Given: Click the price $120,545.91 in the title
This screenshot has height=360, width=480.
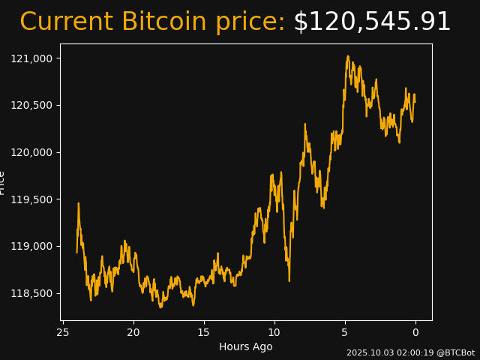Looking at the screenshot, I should [x=372, y=22].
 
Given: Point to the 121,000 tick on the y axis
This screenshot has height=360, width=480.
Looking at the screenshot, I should [x=34, y=58].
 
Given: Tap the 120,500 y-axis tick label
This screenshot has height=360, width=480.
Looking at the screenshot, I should [x=34, y=105].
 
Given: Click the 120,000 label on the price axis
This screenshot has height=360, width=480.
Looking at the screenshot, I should [x=34, y=152].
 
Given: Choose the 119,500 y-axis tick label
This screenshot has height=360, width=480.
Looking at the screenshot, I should [x=34, y=199].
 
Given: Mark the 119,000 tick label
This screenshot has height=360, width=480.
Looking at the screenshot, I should [x=34, y=246].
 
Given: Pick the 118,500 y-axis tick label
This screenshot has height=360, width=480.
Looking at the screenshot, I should [x=34, y=293].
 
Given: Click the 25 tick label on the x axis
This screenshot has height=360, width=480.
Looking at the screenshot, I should [x=63, y=333].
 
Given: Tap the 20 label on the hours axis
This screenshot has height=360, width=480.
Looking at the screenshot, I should [x=133, y=333].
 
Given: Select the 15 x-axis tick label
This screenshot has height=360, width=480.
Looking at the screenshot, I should [x=204, y=333].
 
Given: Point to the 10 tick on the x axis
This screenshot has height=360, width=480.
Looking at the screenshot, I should [x=274, y=333].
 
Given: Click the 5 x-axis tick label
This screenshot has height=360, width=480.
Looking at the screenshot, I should [x=345, y=333].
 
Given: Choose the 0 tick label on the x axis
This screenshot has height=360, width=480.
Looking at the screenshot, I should [x=415, y=333].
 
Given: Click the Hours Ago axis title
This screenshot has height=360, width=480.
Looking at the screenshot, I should [x=246, y=347].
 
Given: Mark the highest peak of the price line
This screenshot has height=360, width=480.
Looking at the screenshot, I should [x=348, y=56].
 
